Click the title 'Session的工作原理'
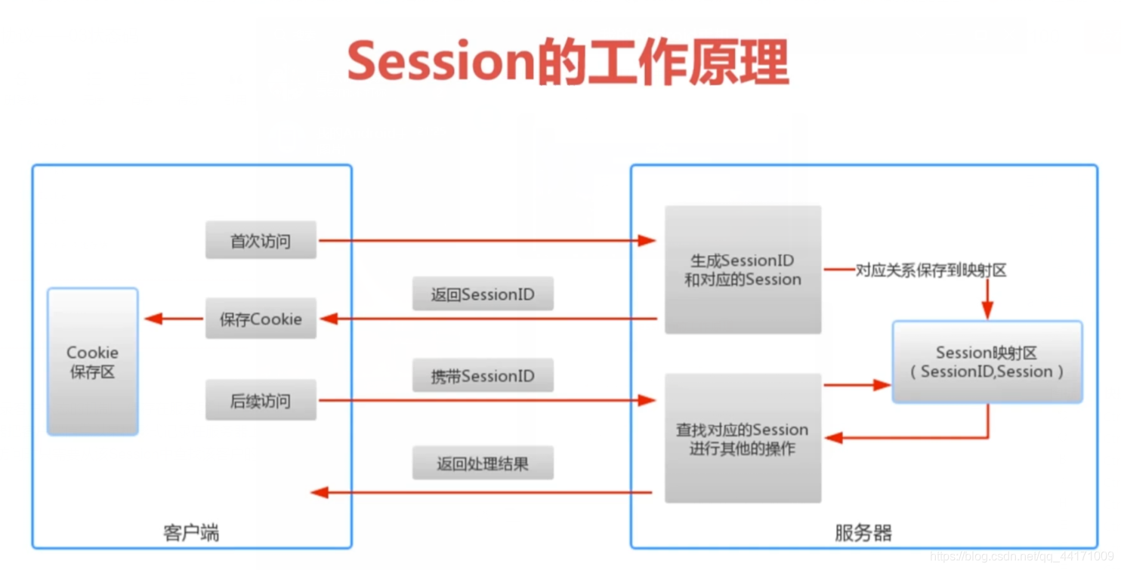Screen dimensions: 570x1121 tap(567, 61)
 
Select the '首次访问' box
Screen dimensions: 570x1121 tap(261, 241)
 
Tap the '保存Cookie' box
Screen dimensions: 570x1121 tap(261, 319)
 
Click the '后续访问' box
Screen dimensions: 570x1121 tap(261, 400)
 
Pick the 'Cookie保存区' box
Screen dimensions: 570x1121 tap(92, 362)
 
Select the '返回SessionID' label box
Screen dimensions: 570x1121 tap(483, 294)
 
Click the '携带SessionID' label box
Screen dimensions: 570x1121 tap(483, 376)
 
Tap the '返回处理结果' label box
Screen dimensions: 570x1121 tap(483, 464)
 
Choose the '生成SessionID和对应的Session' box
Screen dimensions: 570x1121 tap(743, 270)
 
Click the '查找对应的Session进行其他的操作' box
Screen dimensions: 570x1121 tap(743, 439)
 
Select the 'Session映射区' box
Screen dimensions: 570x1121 tap(987, 362)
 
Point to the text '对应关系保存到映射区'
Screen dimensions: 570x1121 tap(931, 270)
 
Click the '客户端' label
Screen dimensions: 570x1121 tap(191, 533)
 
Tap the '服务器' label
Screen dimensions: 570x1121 tap(863, 533)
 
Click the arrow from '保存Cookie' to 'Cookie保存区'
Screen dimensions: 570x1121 tap(174, 319)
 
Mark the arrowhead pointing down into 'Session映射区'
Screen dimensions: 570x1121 tap(987, 310)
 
